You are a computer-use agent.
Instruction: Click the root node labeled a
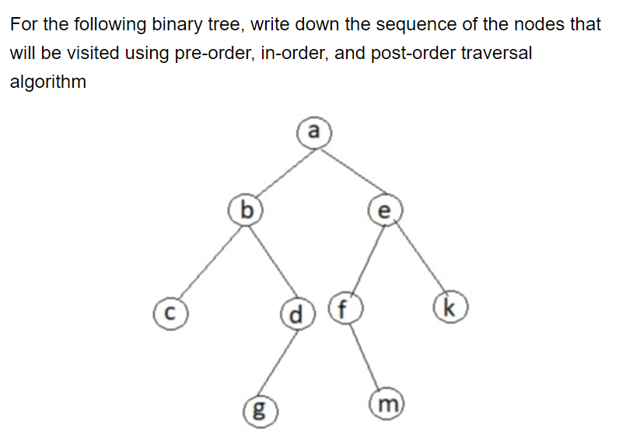tap(313, 131)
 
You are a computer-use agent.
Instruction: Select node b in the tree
tap(246, 209)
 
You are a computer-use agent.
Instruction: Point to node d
tap(296, 316)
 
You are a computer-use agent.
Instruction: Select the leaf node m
tap(388, 403)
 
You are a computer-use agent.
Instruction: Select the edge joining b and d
tap(270, 261)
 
